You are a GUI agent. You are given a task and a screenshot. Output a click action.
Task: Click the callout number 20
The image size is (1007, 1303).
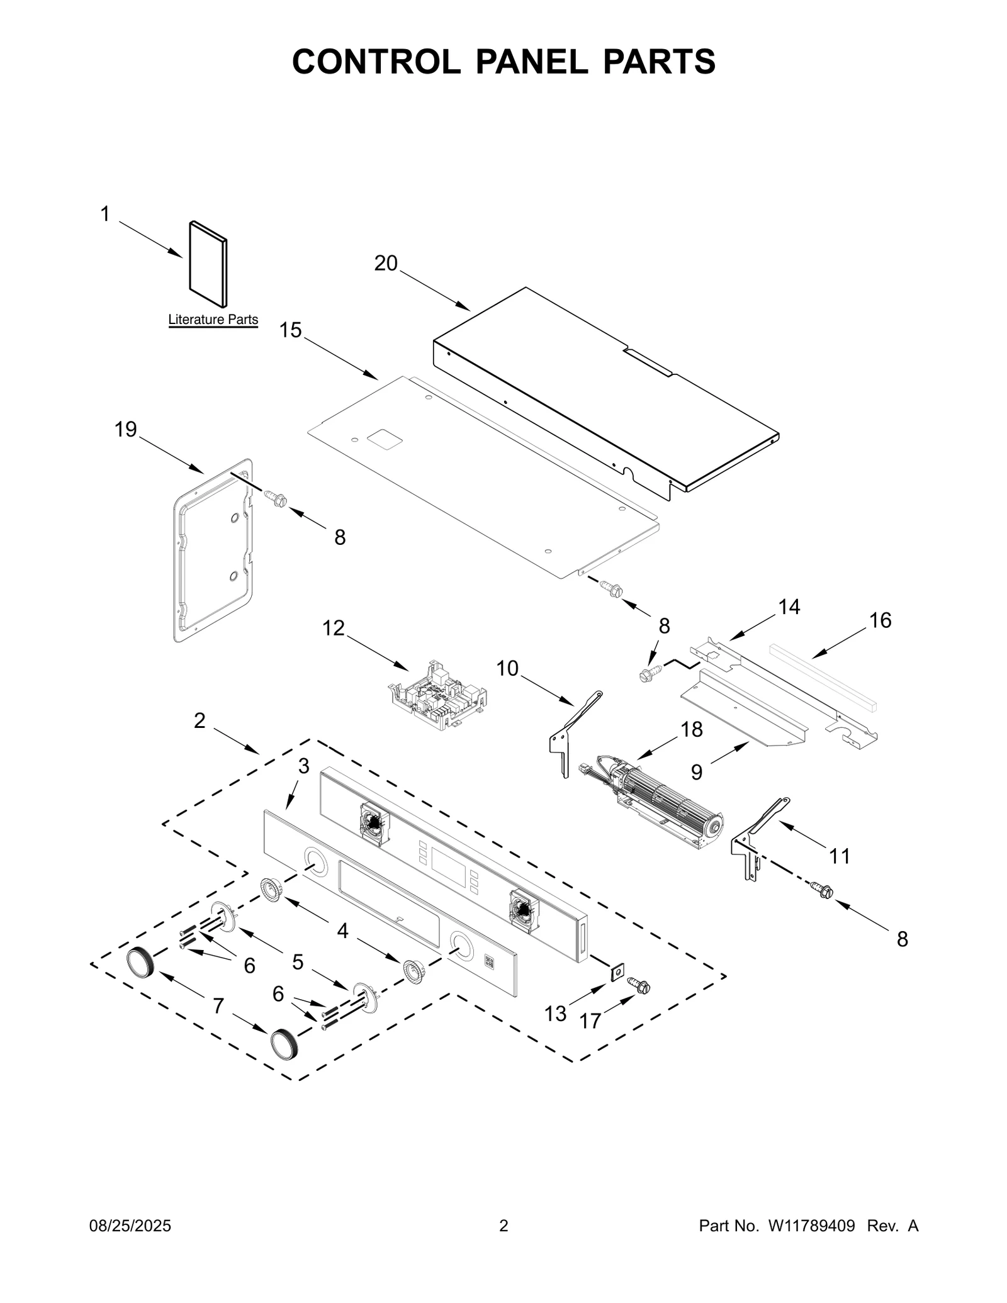point(386,264)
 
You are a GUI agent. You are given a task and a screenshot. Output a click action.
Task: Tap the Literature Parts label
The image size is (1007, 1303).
point(213,320)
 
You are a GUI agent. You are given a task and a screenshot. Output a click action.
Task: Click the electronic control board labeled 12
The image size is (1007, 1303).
point(439,696)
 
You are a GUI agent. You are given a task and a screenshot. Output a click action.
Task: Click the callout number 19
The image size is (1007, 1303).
point(125,430)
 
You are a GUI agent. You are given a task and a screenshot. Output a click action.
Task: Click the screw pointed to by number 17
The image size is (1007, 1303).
point(641,986)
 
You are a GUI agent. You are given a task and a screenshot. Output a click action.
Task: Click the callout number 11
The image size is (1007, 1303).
point(840,856)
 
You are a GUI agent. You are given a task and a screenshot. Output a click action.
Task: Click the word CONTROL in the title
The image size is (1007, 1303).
point(376,62)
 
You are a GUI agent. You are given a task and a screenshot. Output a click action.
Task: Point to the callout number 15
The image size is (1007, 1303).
point(290,330)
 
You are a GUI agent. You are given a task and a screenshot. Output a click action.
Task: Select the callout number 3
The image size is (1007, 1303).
point(303,766)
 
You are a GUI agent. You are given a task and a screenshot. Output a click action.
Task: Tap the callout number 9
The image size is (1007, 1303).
point(696,772)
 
